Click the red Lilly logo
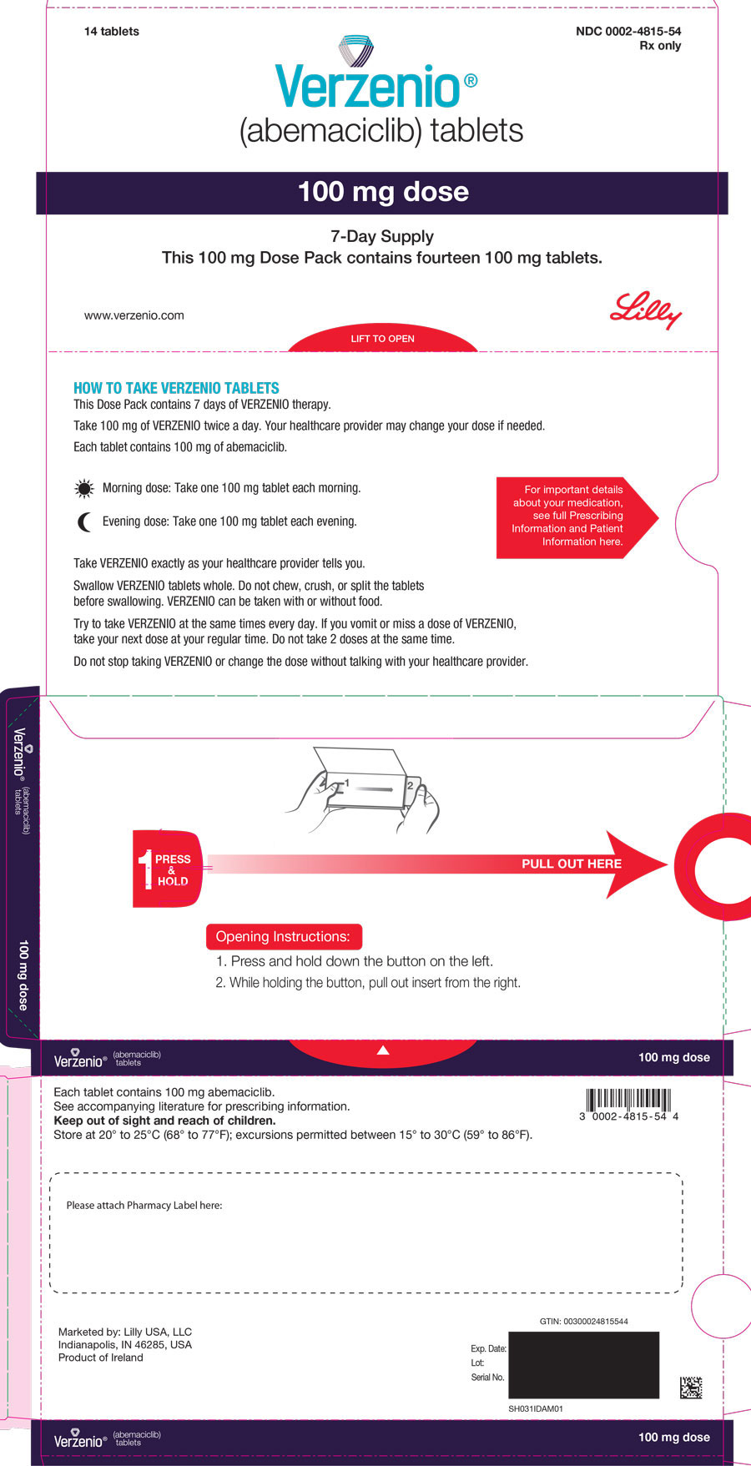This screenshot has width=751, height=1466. (x=645, y=310)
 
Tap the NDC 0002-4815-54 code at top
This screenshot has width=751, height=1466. (x=628, y=31)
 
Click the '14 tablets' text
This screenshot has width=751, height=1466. (x=111, y=31)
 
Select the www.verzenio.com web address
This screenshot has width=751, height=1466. (x=134, y=315)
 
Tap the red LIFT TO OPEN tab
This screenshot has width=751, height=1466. (x=382, y=339)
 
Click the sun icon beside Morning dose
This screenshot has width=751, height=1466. (x=83, y=489)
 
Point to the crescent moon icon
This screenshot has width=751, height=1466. (x=84, y=522)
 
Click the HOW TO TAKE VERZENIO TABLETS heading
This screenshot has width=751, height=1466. (x=176, y=388)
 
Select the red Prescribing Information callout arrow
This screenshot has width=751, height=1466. (x=575, y=516)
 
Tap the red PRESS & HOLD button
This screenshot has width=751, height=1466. (x=168, y=869)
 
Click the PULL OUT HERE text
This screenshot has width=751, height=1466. (x=571, y=864)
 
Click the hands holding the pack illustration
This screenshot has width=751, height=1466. (x=363, y=789)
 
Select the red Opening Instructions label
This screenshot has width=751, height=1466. (x=283, y=936)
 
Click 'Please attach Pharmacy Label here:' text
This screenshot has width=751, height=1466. (x=144, y=1205)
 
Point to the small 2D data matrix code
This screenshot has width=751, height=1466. (x=690, y=1388)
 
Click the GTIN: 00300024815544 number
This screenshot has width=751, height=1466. (x=583, y=1321)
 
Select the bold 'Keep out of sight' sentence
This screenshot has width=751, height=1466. (x=164, y=1121)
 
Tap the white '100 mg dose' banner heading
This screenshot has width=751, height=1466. (x=383, y=192)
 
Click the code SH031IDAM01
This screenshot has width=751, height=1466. (x=536, y=1408)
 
